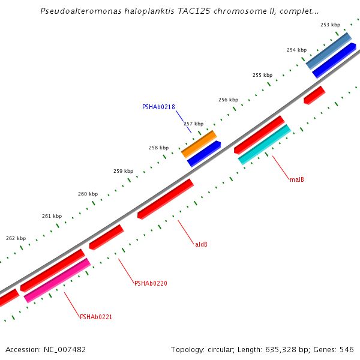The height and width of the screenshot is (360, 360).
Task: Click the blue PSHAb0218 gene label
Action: coord(158,107)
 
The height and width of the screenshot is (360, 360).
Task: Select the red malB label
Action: coord(296,179)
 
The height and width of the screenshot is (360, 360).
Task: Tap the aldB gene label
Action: coord(202,244)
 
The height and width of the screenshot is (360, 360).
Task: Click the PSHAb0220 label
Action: coord(151,283)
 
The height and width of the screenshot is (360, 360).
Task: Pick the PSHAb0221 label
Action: coord(96,317)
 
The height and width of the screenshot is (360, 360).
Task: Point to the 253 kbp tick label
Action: coord(330,25)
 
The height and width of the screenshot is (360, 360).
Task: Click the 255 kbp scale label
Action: coord(262,75)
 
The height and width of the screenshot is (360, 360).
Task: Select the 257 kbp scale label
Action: coord(193,124)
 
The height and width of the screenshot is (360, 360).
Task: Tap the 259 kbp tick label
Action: coord(123,171)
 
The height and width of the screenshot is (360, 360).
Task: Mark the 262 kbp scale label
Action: coord(16,238)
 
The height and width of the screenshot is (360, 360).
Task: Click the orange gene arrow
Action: coord(199,144)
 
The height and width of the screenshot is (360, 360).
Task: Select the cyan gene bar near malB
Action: coord(264,145)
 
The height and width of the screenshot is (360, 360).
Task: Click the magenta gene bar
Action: coord(57,280)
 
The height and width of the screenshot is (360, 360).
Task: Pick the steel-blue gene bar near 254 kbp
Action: coord(328,50)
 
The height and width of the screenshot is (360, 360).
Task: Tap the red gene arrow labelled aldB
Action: coord(165,199)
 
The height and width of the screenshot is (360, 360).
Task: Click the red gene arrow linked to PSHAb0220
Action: coord(106,237)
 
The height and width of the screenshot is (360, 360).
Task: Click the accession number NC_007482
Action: coord(64,349)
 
